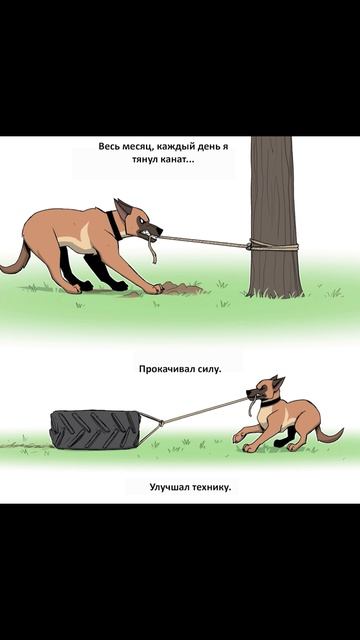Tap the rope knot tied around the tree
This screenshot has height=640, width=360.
pyautogui.click(x=257, y=245)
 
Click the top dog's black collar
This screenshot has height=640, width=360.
pyautogui.click(x=114, y=225)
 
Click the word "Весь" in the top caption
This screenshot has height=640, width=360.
pyautogui.click(x=109, y=147)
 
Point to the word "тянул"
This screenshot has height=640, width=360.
pyautogui.click(x=140, y=162)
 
